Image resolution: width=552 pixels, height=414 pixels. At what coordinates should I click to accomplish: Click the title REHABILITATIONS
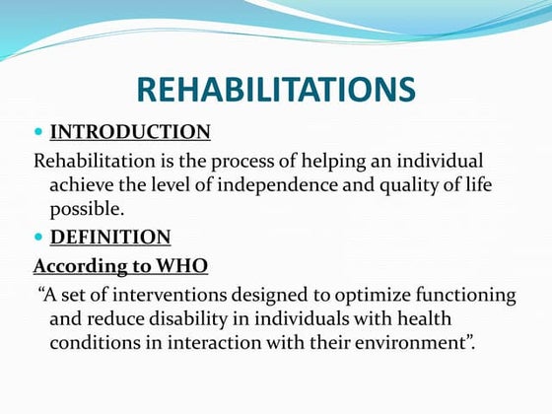pos(275,90)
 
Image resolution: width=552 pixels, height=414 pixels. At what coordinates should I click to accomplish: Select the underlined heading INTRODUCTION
pos(130,132)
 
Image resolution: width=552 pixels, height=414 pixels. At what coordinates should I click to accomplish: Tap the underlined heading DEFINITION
pos(109,237)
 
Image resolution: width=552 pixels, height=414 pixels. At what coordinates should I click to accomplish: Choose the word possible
pos(86,209)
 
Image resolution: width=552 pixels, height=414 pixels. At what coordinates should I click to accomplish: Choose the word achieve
pos(83,184)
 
